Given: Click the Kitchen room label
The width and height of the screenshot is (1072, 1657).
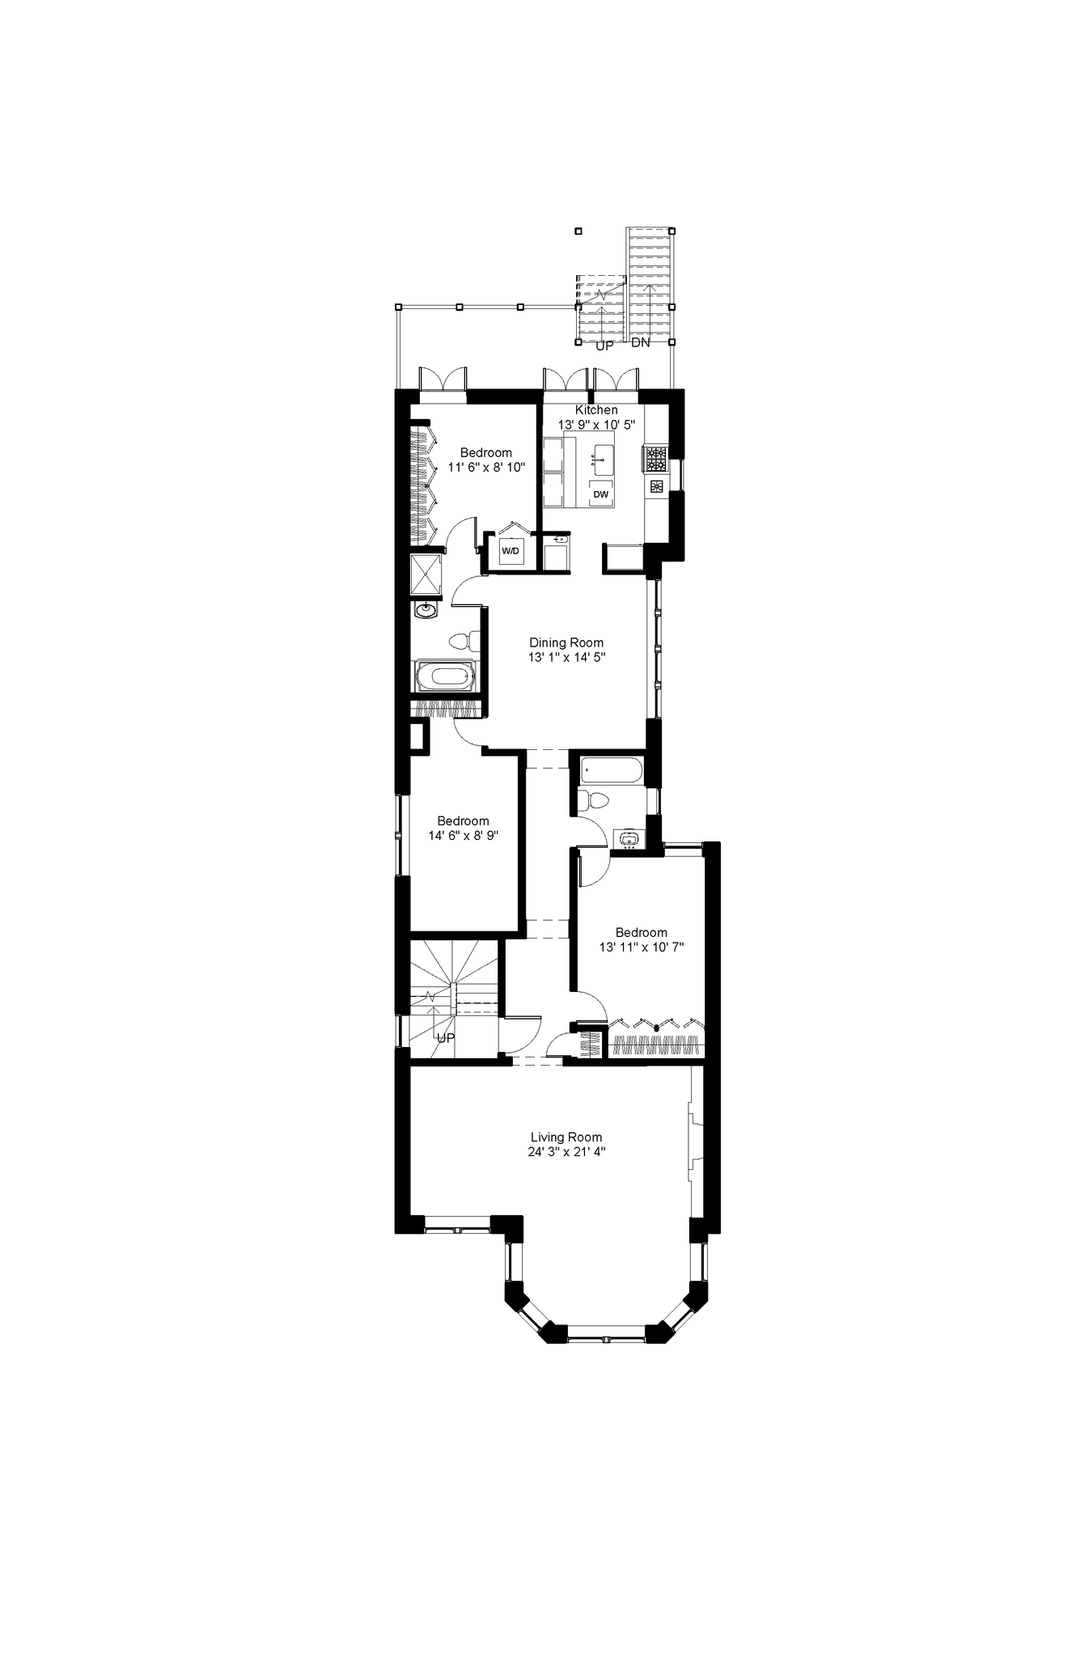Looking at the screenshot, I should click(x=596, y=410).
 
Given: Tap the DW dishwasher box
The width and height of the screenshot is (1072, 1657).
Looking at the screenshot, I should click(x=600, y=494).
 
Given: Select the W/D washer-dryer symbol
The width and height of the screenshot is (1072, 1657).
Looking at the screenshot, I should click(x=510, y=552).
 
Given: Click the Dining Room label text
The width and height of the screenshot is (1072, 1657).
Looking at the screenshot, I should click(x=566, y=642).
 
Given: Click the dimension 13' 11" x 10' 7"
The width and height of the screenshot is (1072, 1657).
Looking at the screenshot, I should click(x=642, y=947).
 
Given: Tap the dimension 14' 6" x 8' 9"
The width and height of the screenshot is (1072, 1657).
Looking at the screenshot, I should click(x=463, y=835).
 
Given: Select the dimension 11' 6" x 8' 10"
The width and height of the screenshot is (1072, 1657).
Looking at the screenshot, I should click(x=486, y=467).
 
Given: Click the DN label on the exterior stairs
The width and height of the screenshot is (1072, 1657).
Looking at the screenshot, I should click(x=641, y=342).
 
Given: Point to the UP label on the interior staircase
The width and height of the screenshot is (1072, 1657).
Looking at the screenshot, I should click(x=446, y=1038).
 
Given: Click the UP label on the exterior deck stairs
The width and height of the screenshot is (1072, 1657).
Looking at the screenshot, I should click(x=604, y=345).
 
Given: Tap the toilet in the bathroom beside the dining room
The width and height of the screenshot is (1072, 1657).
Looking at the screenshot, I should click(x=459, y=641).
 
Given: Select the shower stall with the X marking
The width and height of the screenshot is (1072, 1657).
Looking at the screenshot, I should click(x=426, y=573).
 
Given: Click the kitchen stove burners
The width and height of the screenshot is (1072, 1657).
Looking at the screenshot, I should click(x=655, y=460).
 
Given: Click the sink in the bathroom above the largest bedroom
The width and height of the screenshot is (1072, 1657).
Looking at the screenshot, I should click(x=629, y=839).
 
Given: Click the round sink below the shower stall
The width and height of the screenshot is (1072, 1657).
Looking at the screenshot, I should click(x=426, y=609).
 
